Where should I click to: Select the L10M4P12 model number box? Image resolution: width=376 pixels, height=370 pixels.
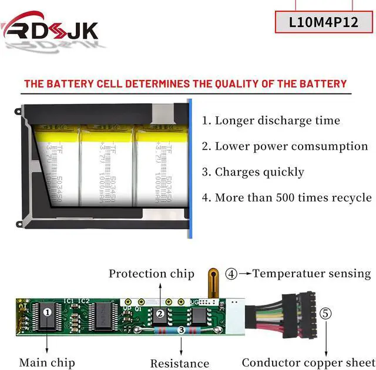(x=324, y=22)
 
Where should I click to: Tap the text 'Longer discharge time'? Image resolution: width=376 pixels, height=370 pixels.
(x=271, y=121)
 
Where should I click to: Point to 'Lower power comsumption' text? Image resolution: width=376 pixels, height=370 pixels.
(x=285, y=146)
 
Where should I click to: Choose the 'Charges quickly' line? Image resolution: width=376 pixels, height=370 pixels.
(x=253, y=172)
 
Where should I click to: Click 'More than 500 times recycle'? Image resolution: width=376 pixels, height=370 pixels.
(x=287, y=197)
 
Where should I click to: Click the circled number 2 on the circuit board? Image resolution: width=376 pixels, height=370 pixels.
(x=160, y=314)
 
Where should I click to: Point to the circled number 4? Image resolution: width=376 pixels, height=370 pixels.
(x=232, y=274)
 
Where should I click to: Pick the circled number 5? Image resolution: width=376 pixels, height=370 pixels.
(x=325, y=313)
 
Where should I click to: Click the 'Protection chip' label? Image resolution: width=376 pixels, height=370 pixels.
(x=151, y=274)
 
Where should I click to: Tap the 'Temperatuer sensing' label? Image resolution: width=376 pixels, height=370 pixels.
(x=311, y=274)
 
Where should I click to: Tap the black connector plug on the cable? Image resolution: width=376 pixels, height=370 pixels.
(x=306, y=319)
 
